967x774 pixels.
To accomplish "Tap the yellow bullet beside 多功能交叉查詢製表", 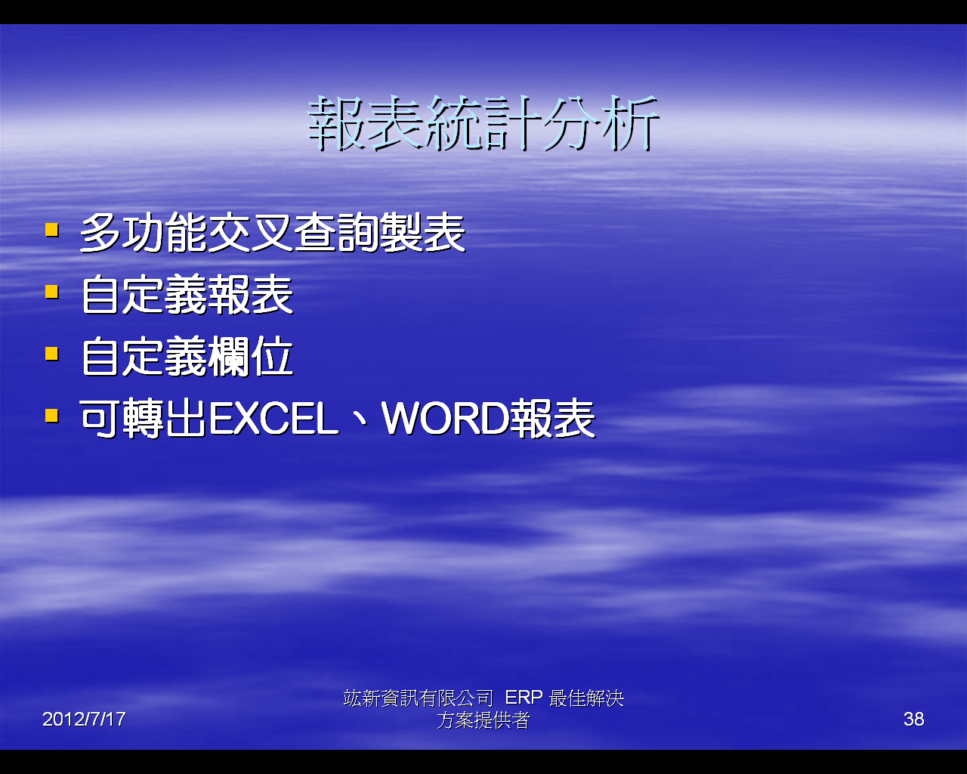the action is tap(52, 230).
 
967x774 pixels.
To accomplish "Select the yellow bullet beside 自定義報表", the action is tap(52, 292).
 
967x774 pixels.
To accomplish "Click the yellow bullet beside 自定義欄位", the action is tap(52, 354).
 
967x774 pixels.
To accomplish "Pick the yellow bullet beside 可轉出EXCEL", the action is tap(52, 416).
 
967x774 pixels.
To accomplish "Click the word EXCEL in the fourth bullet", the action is tap(274, 419).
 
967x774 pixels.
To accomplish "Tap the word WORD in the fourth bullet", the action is tap(446, 419).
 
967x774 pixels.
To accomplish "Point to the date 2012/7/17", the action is tap(84, 719).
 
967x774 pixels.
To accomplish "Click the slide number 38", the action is tap(913, 719).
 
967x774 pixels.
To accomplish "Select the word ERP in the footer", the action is tap(524, 698).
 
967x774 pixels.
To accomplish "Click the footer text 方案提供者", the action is tap(483, 720).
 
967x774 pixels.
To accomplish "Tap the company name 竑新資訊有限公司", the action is tap(419, 698).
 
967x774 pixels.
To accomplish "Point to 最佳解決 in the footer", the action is tap(586, 698).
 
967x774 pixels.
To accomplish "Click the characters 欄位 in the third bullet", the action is tap(251, 357).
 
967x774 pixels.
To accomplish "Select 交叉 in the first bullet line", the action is tap(251, 233).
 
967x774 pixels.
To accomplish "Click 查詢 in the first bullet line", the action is tap(337, 233).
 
